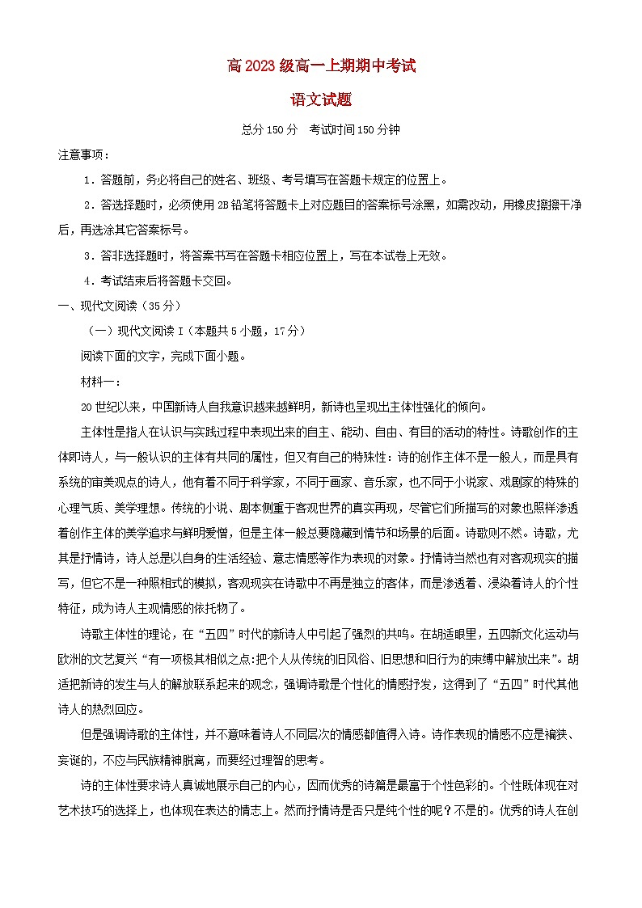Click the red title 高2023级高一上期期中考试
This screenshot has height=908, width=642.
click(x=321, y=66)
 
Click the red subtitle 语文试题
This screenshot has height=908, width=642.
click(x=321, y=100)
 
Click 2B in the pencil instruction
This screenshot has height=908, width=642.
click(x=223, y=205)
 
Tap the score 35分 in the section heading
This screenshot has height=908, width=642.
click(x=162, y=306)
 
